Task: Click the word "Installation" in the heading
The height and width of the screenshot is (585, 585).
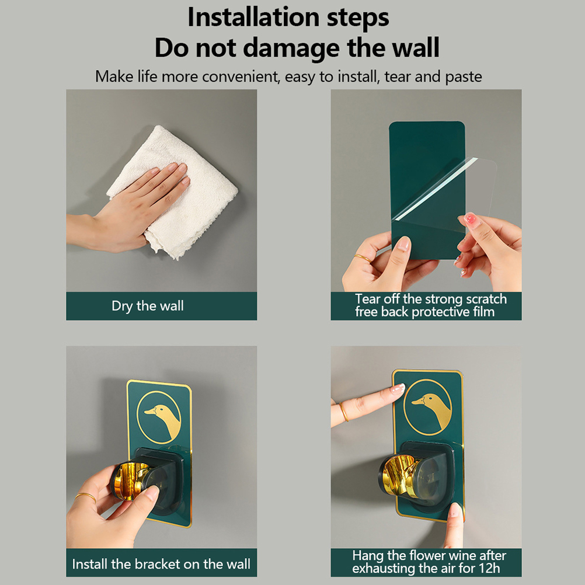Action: [255, 18]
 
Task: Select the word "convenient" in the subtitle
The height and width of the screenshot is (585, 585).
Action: [241, 76]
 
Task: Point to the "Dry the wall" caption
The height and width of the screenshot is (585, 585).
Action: [148, 306]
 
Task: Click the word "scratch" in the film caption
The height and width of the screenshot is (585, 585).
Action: [486, 300]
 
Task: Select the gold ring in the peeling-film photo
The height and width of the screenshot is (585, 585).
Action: [362, 258]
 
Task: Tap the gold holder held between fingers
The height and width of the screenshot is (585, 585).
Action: [131, 480]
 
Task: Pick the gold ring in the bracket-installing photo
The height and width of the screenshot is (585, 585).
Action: [85, 497]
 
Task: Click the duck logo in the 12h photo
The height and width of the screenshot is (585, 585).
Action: [427, 407]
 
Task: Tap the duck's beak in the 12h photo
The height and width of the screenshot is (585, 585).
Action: [417, 402]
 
